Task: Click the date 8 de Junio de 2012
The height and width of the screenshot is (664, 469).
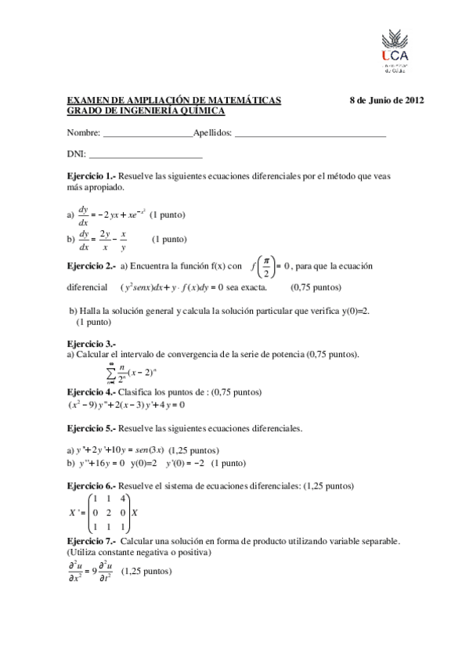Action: (386, 101)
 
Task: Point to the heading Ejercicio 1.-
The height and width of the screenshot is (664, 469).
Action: (92, 177)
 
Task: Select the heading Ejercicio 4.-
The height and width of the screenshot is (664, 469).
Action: (92, 392)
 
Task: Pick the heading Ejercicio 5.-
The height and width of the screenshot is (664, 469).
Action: (92, 428)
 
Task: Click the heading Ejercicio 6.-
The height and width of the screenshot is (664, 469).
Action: (92, 486)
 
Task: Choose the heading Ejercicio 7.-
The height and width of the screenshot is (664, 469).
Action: (92, 541)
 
